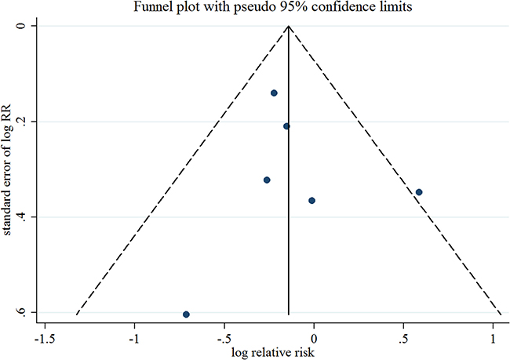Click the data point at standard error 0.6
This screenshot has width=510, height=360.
[x=186, y=315]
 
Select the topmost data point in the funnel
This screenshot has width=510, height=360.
[x=274, y=93]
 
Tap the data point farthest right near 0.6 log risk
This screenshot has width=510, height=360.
[x=419, y=192]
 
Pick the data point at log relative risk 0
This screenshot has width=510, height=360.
[x=311, y=201]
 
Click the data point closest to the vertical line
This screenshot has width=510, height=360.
[x=286, y=126]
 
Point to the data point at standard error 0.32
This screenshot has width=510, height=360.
[x=267, y=180]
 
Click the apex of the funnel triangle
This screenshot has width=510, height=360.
[x=289, y=26]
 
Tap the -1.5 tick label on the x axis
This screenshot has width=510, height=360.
[x=45, y=340]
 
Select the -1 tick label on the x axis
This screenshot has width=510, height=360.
[x=134, y=340]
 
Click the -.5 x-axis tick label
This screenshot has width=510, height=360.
[x=224, y=340]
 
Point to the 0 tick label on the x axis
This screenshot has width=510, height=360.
[x=314, y=340]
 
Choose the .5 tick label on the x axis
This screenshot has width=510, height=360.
[x=403, y=340]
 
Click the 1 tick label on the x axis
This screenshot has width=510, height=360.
[x=493, y=340]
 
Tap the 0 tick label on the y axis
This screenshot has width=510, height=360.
[x=21, y=26]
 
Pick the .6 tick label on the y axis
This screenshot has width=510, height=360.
[x=21, y=311]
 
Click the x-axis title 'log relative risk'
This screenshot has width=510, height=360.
[x=273, y=352]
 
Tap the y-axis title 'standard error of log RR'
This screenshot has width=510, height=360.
[x=7, y=169]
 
